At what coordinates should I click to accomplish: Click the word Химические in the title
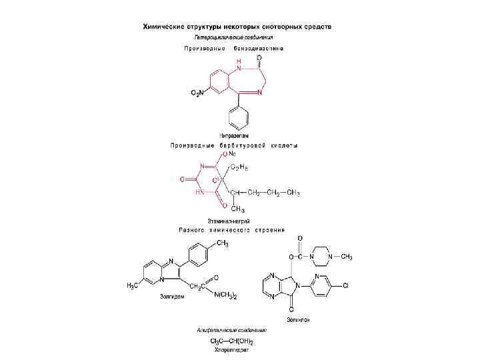169,27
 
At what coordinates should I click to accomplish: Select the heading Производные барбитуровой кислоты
233,145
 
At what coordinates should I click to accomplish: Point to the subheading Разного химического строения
231,229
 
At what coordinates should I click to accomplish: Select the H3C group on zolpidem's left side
134,285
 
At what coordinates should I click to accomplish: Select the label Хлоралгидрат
231,349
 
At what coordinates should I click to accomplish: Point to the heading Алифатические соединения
231,330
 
